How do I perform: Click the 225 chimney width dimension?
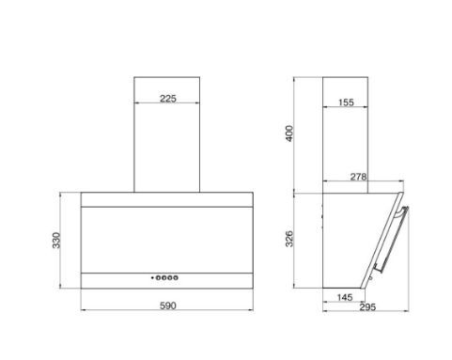168,99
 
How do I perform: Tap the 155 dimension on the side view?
346,102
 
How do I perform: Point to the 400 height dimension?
289,133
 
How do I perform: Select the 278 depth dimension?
358,177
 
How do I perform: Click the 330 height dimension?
56,241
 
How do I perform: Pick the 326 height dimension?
289,239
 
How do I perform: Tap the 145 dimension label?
345,297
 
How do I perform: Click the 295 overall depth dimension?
367,307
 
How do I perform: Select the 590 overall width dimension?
168,305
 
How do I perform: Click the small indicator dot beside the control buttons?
152,277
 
